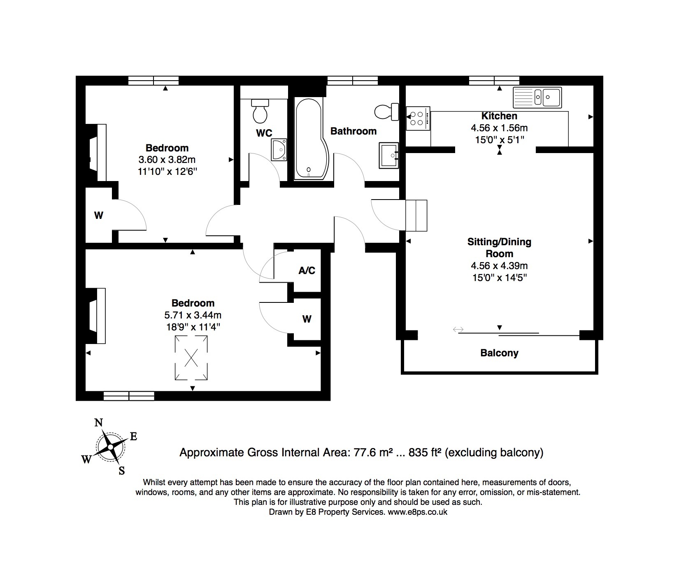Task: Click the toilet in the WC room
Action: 260,111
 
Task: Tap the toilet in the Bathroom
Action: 387,112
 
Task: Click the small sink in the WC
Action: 279,150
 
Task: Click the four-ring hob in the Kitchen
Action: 418,119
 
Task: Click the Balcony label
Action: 499,353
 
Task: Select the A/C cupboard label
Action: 307,270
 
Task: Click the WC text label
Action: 264,133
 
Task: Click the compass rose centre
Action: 110,447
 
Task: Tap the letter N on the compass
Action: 99,423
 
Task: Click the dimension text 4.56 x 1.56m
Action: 499,128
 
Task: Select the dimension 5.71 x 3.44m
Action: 193,315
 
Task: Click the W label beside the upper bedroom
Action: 99,215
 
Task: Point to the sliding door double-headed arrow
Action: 458,330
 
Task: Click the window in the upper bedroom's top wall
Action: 153,81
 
